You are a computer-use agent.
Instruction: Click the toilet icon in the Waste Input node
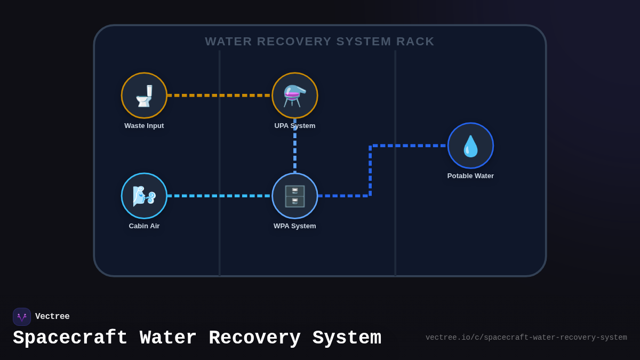(x=144, y=96)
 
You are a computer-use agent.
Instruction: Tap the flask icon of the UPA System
(x=295, y=96)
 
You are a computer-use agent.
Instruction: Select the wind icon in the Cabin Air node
(x=144, y=196)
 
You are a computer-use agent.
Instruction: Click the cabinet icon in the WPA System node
(x=295, y=196)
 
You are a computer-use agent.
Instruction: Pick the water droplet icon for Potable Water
(x=470, y=146)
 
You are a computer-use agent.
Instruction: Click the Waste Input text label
(x=144, y=126)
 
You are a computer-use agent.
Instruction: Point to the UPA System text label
(x=295, y=126)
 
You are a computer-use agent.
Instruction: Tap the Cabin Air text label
(x=144, y=226)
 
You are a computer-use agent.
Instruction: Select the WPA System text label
(x=295, y=226)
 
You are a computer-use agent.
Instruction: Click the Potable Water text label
(x=470, y=176)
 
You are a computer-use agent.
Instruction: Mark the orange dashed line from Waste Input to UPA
(x=219, y=95)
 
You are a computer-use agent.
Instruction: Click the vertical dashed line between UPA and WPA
(x=295, y=147)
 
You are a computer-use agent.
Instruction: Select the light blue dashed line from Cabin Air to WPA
(x=219, y=196)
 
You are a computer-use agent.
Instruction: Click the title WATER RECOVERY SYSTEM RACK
(x=319, y=42)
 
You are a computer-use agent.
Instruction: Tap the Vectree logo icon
(x=22, y=317)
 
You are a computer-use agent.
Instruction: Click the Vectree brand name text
(x=52, y=317)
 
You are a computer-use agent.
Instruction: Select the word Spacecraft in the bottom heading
(x=70, y=338)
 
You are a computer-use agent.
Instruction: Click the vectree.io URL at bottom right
(x=526, y=338)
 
